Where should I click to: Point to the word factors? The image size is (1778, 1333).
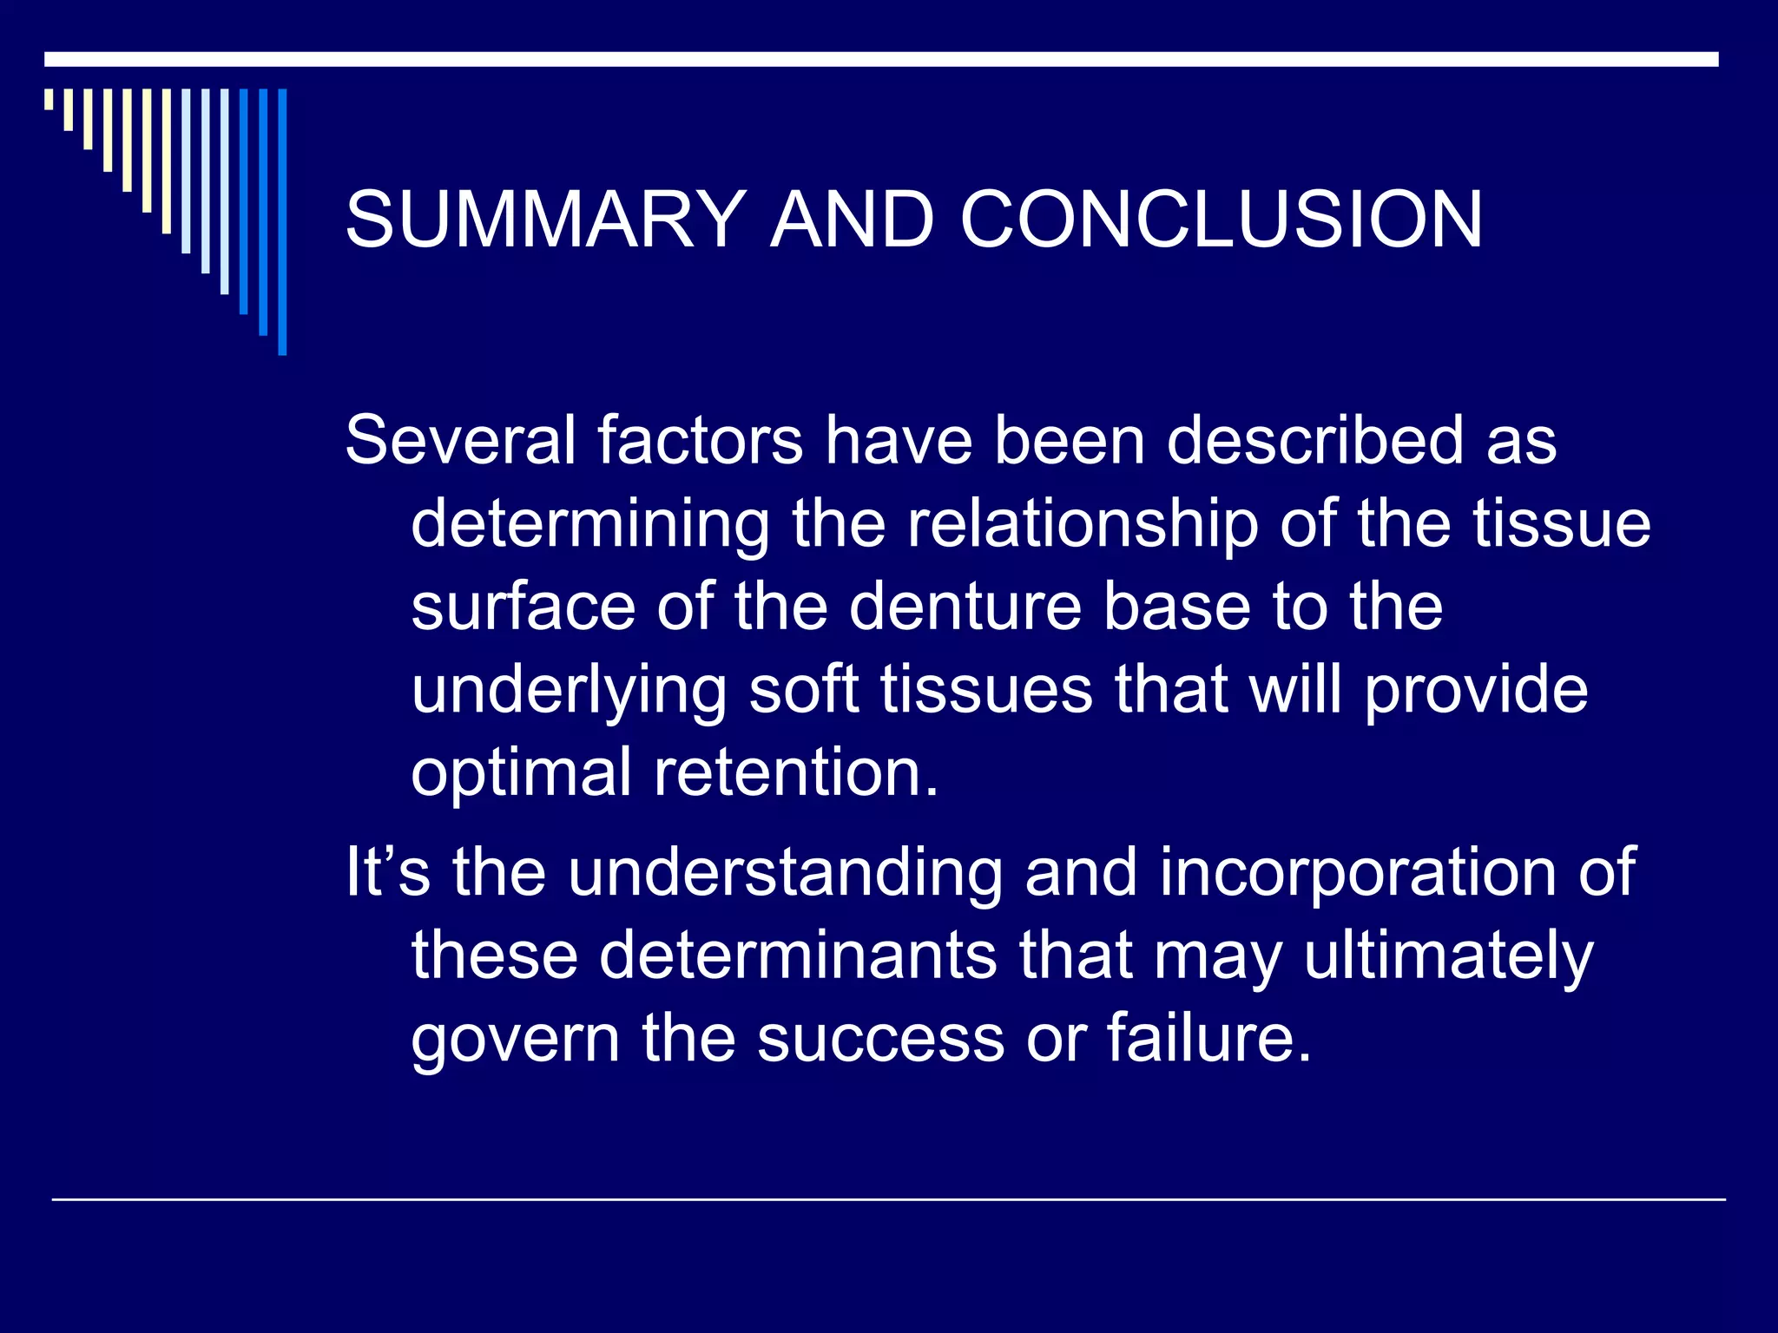700,440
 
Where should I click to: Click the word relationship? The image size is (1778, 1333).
1083,525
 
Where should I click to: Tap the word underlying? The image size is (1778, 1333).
569,692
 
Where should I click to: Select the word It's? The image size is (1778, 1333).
387,871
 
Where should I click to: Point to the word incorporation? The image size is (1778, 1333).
1358,873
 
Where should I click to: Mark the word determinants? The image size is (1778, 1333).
798,955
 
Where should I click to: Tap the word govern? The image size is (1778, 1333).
516,1039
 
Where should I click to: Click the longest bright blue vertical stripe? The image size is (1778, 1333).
282,221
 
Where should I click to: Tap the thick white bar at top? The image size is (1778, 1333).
880,59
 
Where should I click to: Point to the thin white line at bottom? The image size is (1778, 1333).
889,1199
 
